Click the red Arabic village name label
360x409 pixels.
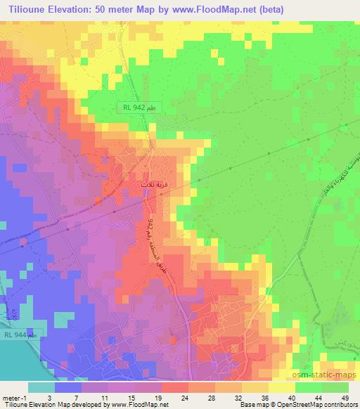(155, 184)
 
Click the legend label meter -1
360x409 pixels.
(15, 398)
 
